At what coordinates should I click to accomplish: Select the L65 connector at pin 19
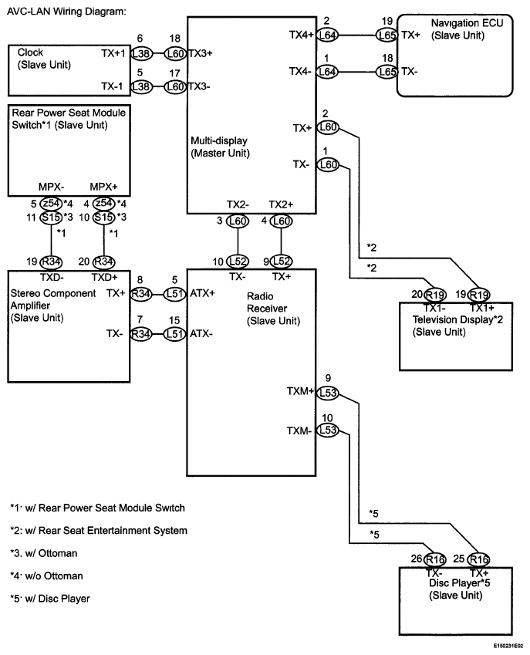387,35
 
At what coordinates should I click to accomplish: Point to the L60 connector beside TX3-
174,86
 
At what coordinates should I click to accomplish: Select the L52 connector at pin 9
282,262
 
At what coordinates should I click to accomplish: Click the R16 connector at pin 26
435,559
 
